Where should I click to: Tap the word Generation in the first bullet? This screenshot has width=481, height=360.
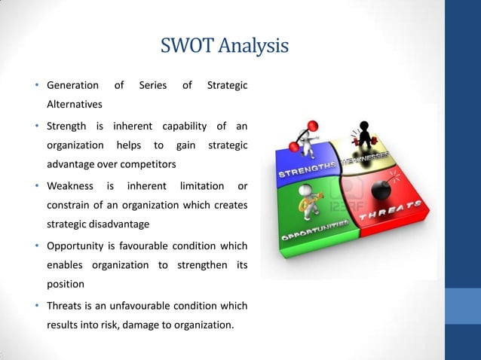[72, 86]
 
